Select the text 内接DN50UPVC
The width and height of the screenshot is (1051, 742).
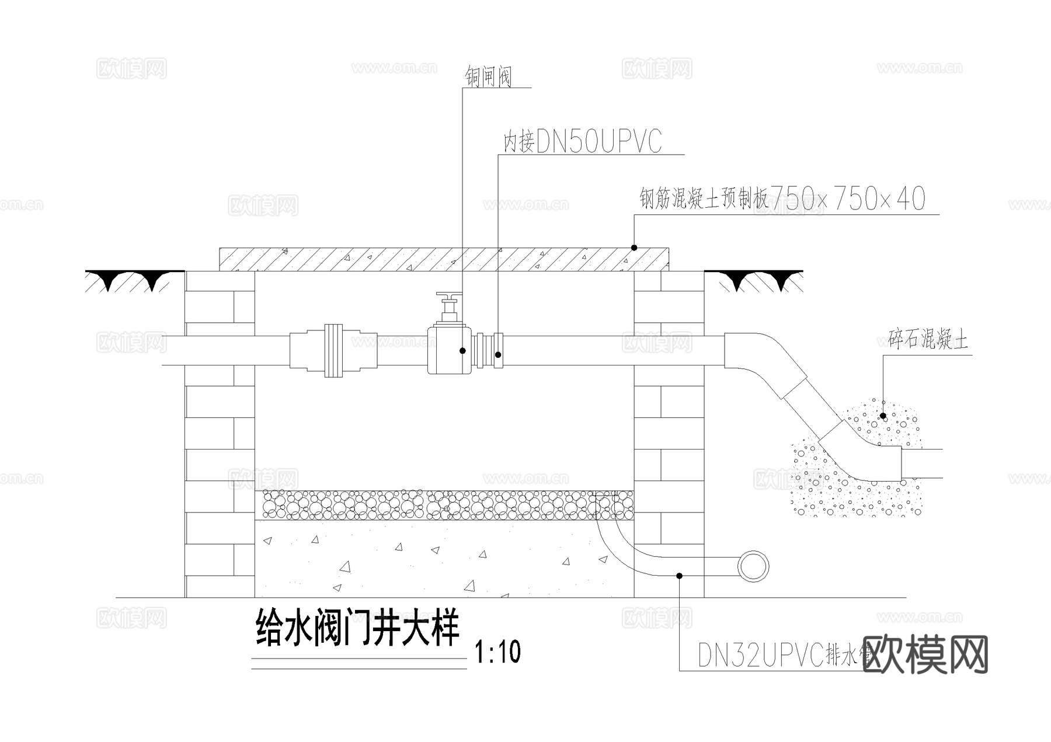(x=583, y=142)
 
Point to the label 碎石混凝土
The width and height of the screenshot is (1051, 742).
(x=928, y=339)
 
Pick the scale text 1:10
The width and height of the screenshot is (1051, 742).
(x=497, y=652)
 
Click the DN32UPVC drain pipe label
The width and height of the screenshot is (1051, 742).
(x=782, y=656)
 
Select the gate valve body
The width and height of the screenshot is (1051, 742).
(x=448, y=350)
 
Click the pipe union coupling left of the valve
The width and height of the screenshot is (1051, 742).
(x=333, y=350)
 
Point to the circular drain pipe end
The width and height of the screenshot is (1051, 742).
(x=753, y=566)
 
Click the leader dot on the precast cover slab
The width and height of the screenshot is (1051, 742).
(x=634, y=248)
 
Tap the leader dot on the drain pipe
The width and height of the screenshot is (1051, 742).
(x=680, y=576)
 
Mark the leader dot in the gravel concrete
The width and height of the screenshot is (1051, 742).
(x=883, y=417)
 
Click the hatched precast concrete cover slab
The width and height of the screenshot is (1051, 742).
(x=444, y=259)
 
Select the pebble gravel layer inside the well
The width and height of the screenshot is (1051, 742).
(x=444, y=505)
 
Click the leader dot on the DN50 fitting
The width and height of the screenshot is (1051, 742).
(x=498, y=354)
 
